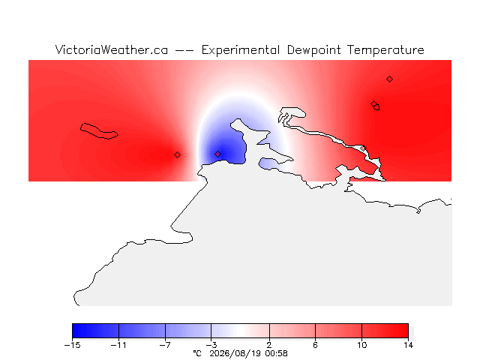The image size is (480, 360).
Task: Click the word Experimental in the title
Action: click(241, 50)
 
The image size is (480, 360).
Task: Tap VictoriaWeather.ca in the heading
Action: click(112, 49)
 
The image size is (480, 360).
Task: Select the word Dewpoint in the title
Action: click(313, 50)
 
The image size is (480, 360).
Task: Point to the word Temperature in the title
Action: click(385, 50)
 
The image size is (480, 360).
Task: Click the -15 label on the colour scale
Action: click(72, 345)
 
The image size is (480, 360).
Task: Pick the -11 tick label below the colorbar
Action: click(118, 345)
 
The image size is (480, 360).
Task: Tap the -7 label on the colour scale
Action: click(165, 345)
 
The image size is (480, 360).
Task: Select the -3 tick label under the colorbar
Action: click(211, 345)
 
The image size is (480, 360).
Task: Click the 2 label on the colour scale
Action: click(269, 345)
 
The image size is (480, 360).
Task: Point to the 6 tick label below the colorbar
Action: click(315, 345)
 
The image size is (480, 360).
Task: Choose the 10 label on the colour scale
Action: click(361, 345)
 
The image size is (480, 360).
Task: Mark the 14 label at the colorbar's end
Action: click(408, 345)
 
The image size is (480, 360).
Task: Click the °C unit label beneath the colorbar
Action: click(197, 353)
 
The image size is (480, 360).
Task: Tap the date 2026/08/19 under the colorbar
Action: click(235, 353)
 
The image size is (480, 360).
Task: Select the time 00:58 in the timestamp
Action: click(277, 353)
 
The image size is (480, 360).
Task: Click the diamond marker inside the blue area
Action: click(217, 154)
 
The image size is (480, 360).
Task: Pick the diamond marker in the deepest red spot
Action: click(177, 155)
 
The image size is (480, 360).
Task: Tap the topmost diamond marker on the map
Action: click(389, 79)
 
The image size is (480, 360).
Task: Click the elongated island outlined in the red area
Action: click(99, 131)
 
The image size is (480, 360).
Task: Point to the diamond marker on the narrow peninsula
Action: click(363, 148)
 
